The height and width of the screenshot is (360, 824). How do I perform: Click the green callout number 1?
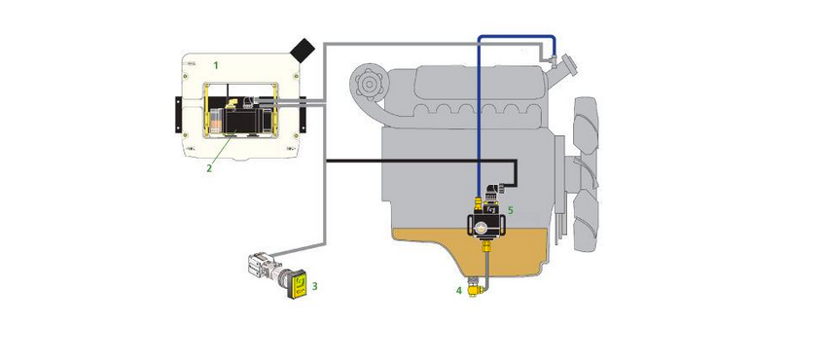click(215, 65)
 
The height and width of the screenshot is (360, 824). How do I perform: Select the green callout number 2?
click(209, 168)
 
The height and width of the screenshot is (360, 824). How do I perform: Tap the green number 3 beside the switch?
click(315, 286)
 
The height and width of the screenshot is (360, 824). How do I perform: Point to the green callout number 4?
click(459, 290)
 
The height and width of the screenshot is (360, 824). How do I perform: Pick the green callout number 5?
click(510, 210)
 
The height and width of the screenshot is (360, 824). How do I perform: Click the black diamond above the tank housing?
click(303, 51)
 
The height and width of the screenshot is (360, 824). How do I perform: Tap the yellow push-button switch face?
click(300, 284)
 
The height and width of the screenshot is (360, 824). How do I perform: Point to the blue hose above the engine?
click(515, 37)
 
